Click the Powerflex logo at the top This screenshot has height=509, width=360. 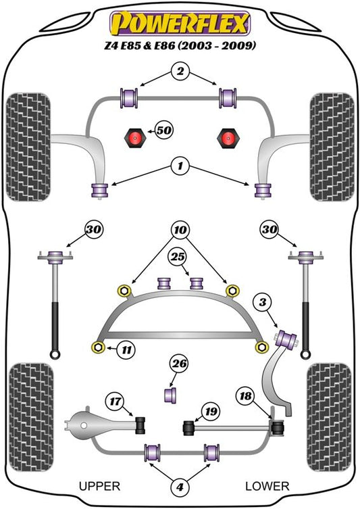pyautogui.click(x=180, y=23)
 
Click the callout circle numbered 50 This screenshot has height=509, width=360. pyautogui.click(x=163, y=130)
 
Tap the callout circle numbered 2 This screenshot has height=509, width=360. pyautogui.click(x=180, y=71)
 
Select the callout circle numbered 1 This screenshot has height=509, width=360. pyautogui.click(x=180, y=166)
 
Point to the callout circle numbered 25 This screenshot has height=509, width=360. pyautogui.click(x=178, y=257)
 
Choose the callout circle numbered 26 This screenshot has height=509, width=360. pyautogui.click(x=180, y=363)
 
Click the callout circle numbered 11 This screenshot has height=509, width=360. pyautogui.click(x=126, y=349)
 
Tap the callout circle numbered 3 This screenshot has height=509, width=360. pyautogui.click(x=262, y=302)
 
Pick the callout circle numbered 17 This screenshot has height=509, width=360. pyautogui.click(x=115, y=402)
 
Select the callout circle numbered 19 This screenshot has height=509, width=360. pyautogui.click(x=211, y=412)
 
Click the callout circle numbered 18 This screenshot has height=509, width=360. pyautogui.click(x=245, y=395)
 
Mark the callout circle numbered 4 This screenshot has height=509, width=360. pyautogui.click(x=180, y=487)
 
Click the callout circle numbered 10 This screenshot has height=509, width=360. pyautogui.click(x=180, y=230)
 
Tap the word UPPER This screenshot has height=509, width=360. pyautogui.click(x=99, y=486)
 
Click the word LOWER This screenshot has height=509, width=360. pyautogui.click(x=267, y=486)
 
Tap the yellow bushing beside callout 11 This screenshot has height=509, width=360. pyautogui.click(x=98, y=347)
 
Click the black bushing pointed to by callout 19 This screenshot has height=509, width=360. pyautogui.click(x=188, y=428)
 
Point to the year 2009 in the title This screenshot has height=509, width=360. pyautogui.click(x=238, y=45)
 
